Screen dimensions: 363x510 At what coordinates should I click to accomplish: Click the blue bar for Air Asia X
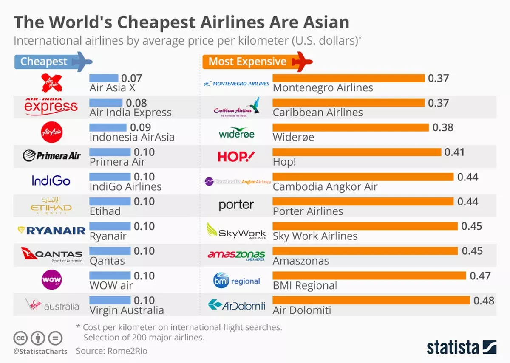click(104, 78)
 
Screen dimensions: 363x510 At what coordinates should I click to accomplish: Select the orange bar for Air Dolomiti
click(371, 301)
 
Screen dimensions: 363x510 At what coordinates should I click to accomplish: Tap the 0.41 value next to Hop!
click(454, 152)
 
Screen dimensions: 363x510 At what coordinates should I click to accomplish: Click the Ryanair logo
click(51, 231)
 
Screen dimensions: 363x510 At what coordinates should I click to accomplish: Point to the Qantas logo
click(51, 255)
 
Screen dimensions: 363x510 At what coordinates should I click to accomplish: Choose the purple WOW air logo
click(52, 280)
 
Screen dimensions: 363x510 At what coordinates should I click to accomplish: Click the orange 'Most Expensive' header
click(248, 62)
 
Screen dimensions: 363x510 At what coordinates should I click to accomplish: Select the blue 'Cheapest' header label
click(44, 62)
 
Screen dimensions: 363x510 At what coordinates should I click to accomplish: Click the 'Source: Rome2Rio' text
click(112, 351)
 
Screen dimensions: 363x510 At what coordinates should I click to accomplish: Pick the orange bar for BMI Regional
click(369, 276)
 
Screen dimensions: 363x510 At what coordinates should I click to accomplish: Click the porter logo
click(236, 205)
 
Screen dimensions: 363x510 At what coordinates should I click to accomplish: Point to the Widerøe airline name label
click(293, 137)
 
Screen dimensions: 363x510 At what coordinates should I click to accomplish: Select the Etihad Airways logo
click(51, 206)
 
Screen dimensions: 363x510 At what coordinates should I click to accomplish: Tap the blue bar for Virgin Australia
click(110, 301)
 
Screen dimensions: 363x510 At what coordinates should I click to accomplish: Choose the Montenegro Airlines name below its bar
click(323, 88)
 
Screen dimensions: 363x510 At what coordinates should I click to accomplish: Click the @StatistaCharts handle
click(40, 352)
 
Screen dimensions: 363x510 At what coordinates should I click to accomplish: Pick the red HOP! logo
click(236, 157)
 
